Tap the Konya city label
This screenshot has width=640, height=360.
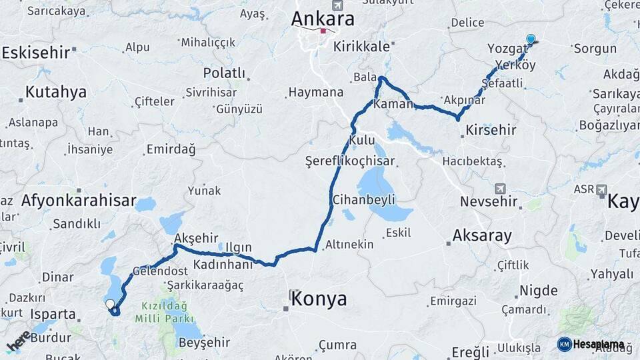click(319, 298)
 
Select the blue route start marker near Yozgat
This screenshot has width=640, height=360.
click(531, 39)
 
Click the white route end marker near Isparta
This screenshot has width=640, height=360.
click(110, 304)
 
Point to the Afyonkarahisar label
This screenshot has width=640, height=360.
click(79, 200)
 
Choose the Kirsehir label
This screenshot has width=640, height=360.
click(491, 130)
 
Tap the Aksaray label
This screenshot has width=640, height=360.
click(482, 235)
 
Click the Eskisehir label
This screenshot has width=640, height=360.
click(37, 53)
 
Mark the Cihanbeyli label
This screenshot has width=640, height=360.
click(364, 199)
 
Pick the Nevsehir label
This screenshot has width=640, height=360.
click(489, 201)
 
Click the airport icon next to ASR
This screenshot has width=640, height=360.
click(602, 189)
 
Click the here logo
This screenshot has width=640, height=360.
click(19, 341)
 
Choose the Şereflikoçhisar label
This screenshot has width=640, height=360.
click(350, 161)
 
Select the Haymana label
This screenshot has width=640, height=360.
click(315, 93)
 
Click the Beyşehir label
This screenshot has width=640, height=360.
click(205, 343)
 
